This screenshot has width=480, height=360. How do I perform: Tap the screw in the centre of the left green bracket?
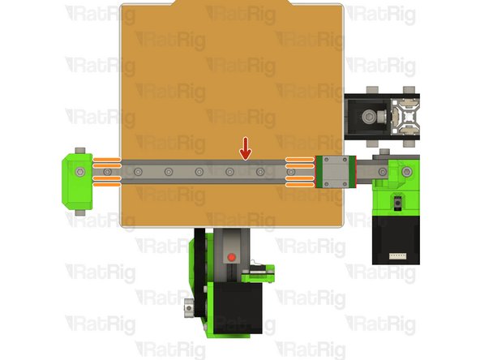(x=79, y=172)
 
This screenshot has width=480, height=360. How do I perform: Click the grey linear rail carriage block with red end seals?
(x=332, y=172)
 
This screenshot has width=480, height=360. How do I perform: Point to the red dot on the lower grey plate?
(x=231, y=257)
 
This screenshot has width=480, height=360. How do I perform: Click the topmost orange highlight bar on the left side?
(x=109, y=158)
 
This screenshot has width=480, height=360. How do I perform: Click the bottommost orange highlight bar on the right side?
(x=300, y=185)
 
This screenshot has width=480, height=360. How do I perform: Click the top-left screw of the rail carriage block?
(x=323, y=162)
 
